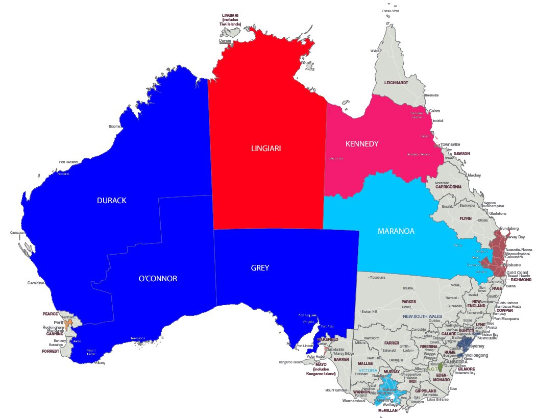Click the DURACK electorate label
click(x=111, y=201)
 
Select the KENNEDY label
click(x=362, y=144)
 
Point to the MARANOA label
click(x=396, y=231)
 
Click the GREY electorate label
click(x=260, y=267)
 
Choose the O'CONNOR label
click(x=158, y=279)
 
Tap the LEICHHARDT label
click(x=396, y=82)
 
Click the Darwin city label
click(x=226, y=40)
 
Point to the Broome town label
click(x=115, y=126)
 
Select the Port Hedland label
click(x=68, y=162)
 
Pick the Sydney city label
click(x=480, y=346)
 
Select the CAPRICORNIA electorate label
click(x=448, y=187)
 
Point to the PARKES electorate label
click(x=408, y=302)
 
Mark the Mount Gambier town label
click(x=336, y=390)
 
